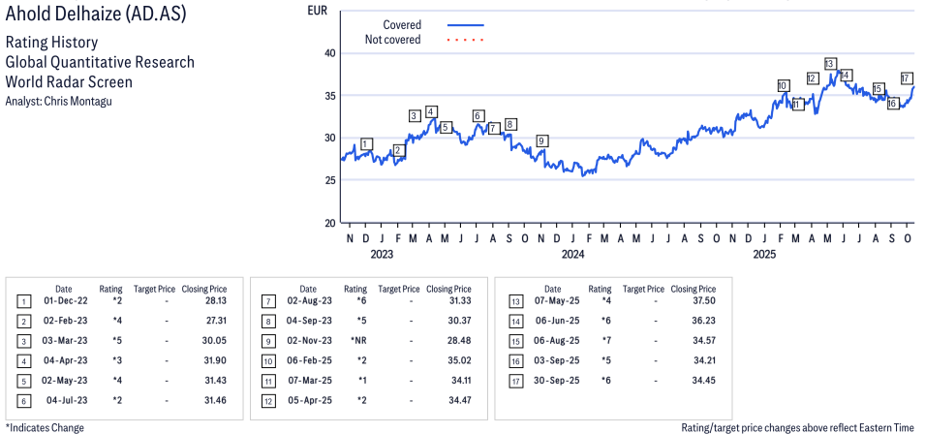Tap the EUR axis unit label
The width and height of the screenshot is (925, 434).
click(x=317, y=11)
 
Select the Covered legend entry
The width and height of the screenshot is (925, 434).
click(x=401, y=24)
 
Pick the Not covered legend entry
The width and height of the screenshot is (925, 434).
click(x=392, y=40)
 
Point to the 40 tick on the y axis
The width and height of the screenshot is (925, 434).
click(x=329, y=53)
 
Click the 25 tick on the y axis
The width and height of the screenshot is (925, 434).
click(x=329, y=180)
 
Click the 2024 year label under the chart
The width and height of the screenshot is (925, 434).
click(x=572, y=255)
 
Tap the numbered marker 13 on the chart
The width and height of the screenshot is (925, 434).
click(x=829, y=64)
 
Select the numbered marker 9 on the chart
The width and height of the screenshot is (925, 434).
click(x=541, y=141)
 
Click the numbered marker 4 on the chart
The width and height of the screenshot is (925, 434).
click(x=431, y=111)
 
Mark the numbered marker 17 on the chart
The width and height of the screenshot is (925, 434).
click(x=906, y=78)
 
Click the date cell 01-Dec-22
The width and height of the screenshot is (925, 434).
click(x=63, y=300)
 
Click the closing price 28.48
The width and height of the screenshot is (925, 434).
click(x=455, y=340)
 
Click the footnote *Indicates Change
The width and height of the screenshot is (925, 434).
click(x=45, y=427)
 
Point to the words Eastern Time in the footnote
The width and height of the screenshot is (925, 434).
click(x=890, y=427)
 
